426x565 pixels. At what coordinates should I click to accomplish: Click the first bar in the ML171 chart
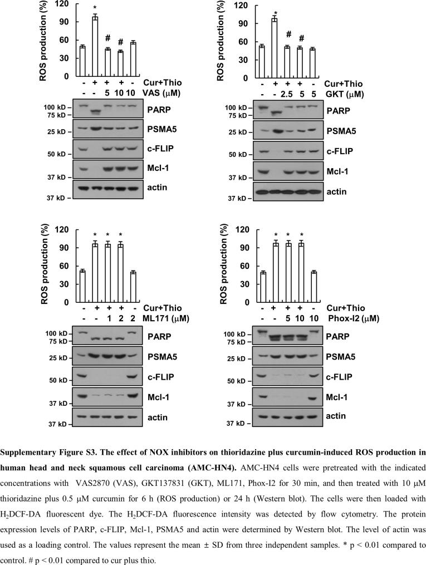[x=82, y=287]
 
